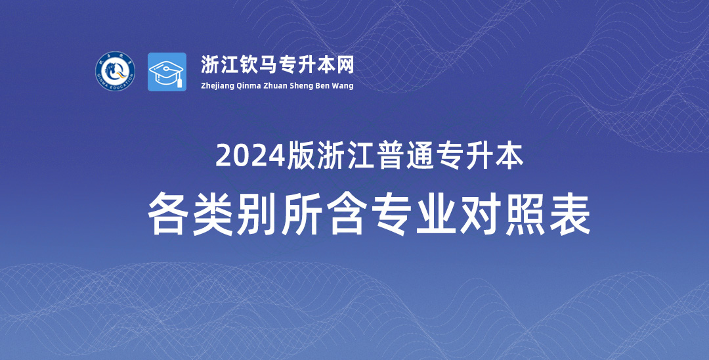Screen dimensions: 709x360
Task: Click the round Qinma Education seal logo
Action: tap(116, 72)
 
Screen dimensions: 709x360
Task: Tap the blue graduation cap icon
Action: tap(167, 72)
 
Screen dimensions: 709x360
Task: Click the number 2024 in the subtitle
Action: tap(251, 156)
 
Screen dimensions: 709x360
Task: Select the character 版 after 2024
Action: tap(301, 156)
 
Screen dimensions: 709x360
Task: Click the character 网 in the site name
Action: tap(345, 65)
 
